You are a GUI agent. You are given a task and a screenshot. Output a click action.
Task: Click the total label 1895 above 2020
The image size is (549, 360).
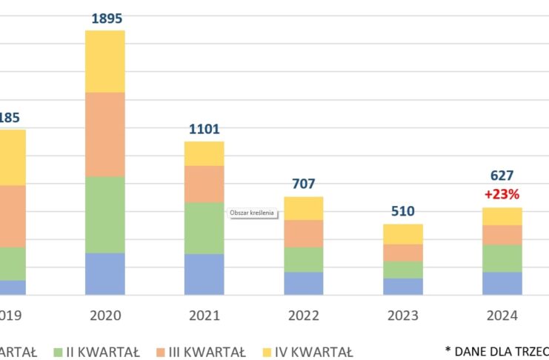pyautogui.click(x=105, y=19)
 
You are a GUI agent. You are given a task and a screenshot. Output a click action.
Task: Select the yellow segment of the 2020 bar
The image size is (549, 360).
pyautogui.click(x=105, y=61)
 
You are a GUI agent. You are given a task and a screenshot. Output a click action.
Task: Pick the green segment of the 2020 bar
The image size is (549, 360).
pyautogui.click(x=105, y=215)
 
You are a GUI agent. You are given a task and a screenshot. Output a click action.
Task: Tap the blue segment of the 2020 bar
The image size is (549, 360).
pyautogui.click(x=105, y=274)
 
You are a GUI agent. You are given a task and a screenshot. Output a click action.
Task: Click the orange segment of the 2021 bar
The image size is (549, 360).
pyautogui.click(x=204, y=184)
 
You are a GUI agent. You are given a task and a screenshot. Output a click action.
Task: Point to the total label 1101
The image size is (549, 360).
pyautogui.click(x=204, y=130)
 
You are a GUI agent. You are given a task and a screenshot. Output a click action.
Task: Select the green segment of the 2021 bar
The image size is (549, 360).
pyautogui.click(x=204, y=228)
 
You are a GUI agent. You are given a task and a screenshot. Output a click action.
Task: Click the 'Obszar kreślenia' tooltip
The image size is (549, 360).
pyautogui.click(x=252, y=213)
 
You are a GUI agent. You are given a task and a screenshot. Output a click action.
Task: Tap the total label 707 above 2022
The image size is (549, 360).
pyautogui.click(x=303, y=184)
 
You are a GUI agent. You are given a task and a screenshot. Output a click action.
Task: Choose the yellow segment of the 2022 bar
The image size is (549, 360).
pyautogui.click(x=303, y=208)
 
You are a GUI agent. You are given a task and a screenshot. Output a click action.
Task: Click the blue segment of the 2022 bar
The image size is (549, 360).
pyautogui.click(x=303, y=284)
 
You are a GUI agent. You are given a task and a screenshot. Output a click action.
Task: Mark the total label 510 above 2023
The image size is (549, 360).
pyautogui.click(x=402, y=212)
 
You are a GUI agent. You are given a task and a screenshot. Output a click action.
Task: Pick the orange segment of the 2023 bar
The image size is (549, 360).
pyautogui.click(x=402, y=253)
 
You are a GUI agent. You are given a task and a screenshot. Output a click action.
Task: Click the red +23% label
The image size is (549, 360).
pyautogui.click(x=502, y=194)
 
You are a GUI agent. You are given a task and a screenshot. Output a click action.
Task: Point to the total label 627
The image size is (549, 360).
pyautogui.click(x=502, y=176)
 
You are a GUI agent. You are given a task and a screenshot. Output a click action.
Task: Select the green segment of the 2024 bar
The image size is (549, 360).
pyautogui.click(x=502, y=259)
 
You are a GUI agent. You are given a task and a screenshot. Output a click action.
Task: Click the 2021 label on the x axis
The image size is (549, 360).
pyautogui.click(x=204, y=316)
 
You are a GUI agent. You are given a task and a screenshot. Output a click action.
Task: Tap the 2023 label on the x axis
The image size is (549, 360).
pyautogui.click(x=402, y=316)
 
